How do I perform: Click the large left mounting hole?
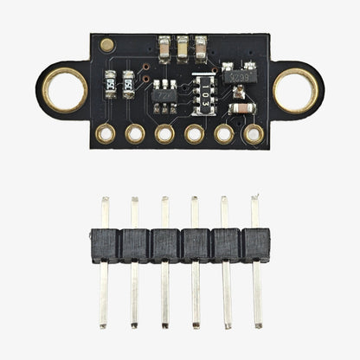65,90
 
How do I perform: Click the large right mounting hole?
295,90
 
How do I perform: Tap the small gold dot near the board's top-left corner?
106,44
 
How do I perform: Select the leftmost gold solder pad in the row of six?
106,133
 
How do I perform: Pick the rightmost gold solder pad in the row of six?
254,133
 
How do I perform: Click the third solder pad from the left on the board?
164,133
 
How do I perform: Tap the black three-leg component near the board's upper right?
239,76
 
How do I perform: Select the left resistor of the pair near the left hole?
109,83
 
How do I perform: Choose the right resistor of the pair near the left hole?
129,83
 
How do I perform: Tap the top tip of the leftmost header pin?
105,201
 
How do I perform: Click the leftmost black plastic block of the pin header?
106,245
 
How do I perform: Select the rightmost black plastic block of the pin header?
254,245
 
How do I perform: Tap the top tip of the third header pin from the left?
164,201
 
